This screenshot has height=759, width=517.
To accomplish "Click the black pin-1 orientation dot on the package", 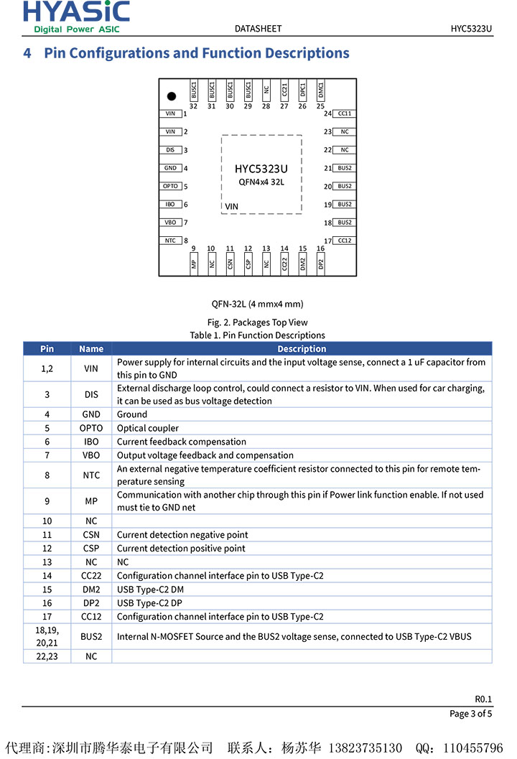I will pos(171,96).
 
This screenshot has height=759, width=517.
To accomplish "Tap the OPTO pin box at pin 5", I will pos(170,186).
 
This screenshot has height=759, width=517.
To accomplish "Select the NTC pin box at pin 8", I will pos(170,241).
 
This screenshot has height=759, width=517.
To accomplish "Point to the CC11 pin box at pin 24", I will pos(345,113).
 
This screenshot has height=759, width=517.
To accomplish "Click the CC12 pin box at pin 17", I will pos(345,241).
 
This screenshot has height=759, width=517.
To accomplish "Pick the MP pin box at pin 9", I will pos(194,264).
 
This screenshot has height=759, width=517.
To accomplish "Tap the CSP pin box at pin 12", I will pos(248,264).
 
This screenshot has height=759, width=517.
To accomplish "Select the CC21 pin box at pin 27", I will pos(284,90).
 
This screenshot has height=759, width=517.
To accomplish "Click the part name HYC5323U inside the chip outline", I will pos(261,169).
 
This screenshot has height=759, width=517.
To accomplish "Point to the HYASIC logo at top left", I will pos(76,17).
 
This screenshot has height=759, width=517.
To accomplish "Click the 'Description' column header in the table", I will pos(302,349).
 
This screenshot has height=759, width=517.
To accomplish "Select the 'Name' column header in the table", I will pos(91,349).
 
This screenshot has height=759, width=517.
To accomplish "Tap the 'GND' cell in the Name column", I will pos(91,414).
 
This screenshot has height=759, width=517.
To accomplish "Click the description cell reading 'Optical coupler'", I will pos(148,428).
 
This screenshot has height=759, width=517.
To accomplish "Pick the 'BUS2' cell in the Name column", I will pos(91,636).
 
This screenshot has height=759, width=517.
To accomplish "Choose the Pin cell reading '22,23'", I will pos(47,656).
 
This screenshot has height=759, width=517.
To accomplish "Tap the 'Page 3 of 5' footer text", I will pos(470,714).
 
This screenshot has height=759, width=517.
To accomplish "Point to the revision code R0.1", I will pos(483,699).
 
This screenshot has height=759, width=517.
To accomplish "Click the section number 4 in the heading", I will pos(27,53).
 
